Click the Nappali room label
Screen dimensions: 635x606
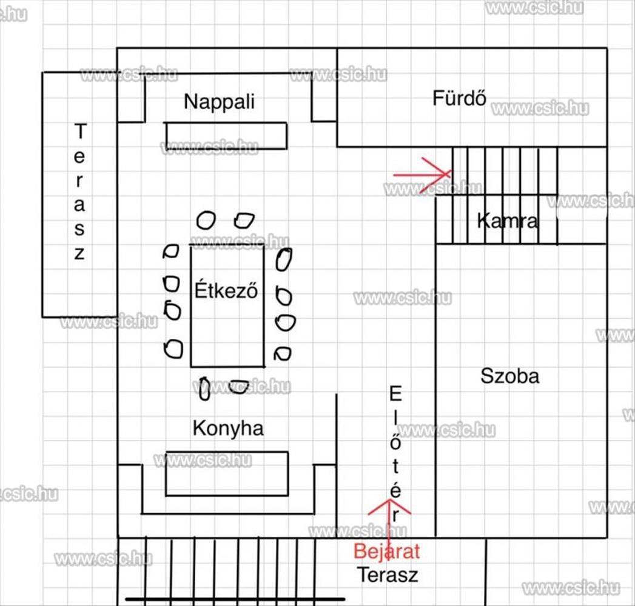coord(219,102)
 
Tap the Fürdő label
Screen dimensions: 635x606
coord(459,98)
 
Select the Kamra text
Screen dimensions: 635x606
coord(508,221)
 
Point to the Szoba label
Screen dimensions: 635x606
coord(510,376)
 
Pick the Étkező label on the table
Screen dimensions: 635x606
coord(226,290)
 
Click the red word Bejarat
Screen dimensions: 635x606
coord(387,551)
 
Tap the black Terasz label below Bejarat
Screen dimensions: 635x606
coord(387,575)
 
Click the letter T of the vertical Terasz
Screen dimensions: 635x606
coord(80,131)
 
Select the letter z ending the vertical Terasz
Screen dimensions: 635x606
coord(79,254)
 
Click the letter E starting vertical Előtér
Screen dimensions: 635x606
coord(395,394)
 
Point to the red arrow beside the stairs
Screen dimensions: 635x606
coord(422,175)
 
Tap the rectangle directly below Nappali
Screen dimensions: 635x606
coord(226,136)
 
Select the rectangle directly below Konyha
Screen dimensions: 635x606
coord(227,474)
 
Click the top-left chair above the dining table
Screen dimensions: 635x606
coord(206,221)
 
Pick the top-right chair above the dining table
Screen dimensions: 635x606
coord(244,221)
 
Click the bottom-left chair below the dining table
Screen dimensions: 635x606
coord(204,389)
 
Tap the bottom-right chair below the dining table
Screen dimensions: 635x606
coord(239,387)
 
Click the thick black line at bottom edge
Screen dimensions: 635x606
coord(235,599)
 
